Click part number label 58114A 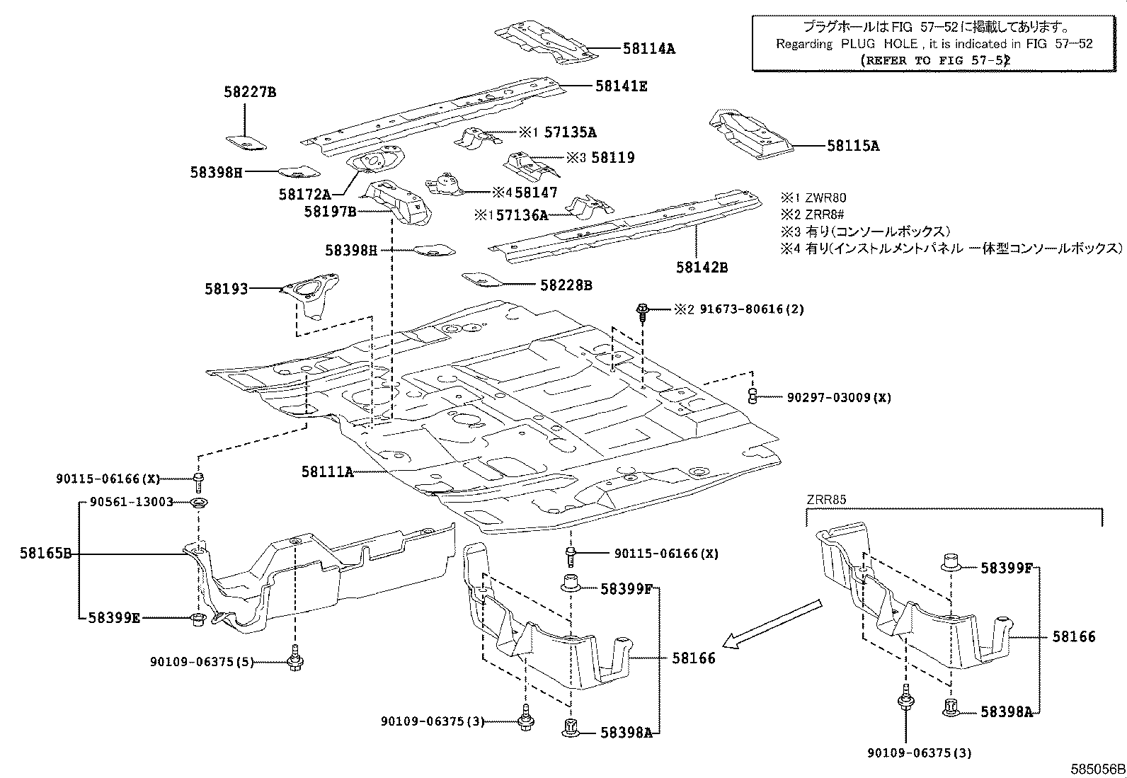[648, 49]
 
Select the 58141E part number [621, 86]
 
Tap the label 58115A [852, 146]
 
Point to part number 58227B [250, 92]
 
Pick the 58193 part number [227, 289]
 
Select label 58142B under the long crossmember [701, 268]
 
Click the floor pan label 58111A [326, 471]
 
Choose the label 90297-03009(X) [838, 398]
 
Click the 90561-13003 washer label [132, 502]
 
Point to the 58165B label [45, 554]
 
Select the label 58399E [114, 618]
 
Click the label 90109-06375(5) [201, 662]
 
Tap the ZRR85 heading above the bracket [826, 500]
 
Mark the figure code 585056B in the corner [1097, 769]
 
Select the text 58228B [566, 285]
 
